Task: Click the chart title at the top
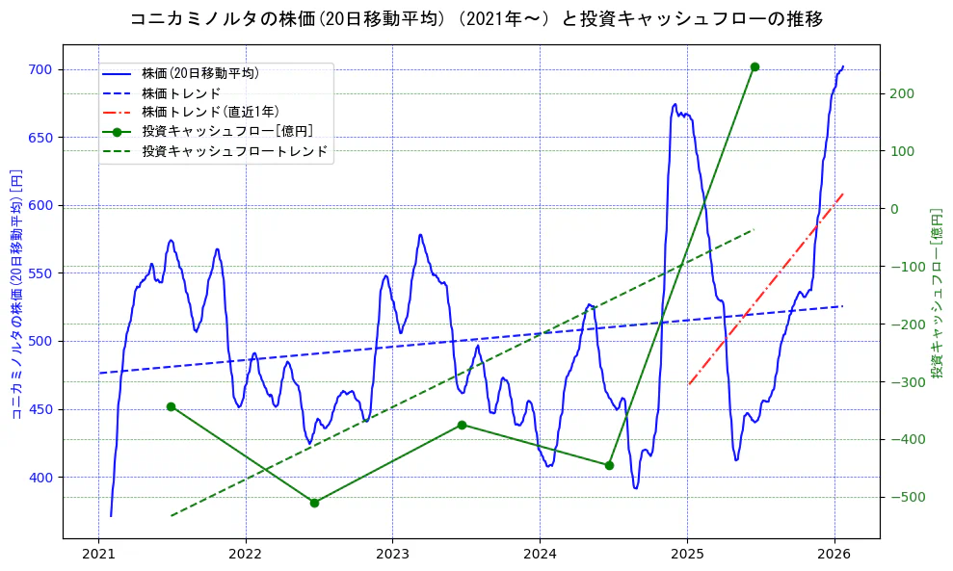tap(476, 18)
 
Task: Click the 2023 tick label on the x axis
tap(392, 555)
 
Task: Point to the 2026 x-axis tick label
tap(834, 555)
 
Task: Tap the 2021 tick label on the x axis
tap(98, 555)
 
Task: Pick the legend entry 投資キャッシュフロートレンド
tap(234, 151)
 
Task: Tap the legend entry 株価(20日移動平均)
tap(199, 72)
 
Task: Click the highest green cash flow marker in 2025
tap(754, 66)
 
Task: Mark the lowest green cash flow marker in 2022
tap(314, 503)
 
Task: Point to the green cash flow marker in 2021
tap(171, 406)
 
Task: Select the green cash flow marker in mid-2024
tap(609, 465)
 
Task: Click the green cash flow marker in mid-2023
tap(462, 425)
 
